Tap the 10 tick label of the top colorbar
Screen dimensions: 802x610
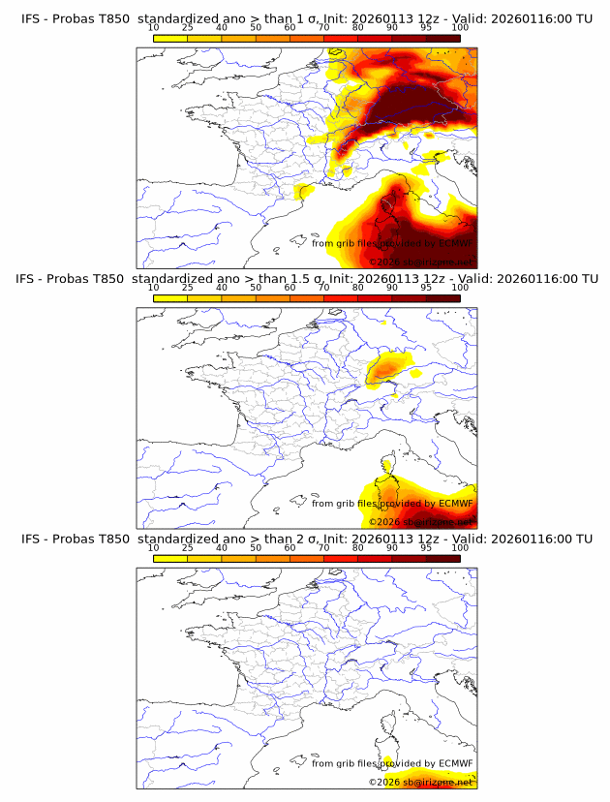coord(153,27)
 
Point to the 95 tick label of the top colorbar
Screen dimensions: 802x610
coord(426,27)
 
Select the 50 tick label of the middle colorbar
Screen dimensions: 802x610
coord(256,287)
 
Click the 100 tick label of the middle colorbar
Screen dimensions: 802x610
coord(460,287)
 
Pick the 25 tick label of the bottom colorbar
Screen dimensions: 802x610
coord(187,547)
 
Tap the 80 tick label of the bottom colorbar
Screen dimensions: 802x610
coord(358,547)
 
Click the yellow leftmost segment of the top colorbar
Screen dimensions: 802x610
coord(170,37)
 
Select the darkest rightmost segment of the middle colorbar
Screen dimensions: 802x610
coord(443,296)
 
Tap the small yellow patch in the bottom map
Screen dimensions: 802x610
coord(386,762)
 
